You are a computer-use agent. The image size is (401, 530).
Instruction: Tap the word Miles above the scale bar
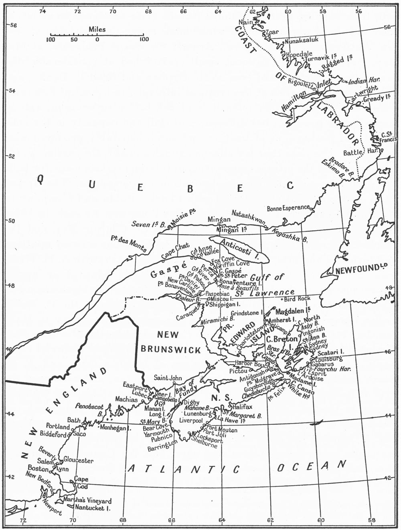click(x=97, y=29)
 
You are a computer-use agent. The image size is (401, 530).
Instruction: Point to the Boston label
click(x=38, y=468)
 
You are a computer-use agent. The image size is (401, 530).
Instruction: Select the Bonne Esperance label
click(x=288, y=208)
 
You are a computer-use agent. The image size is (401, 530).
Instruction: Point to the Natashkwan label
click(x=248, y=214)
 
